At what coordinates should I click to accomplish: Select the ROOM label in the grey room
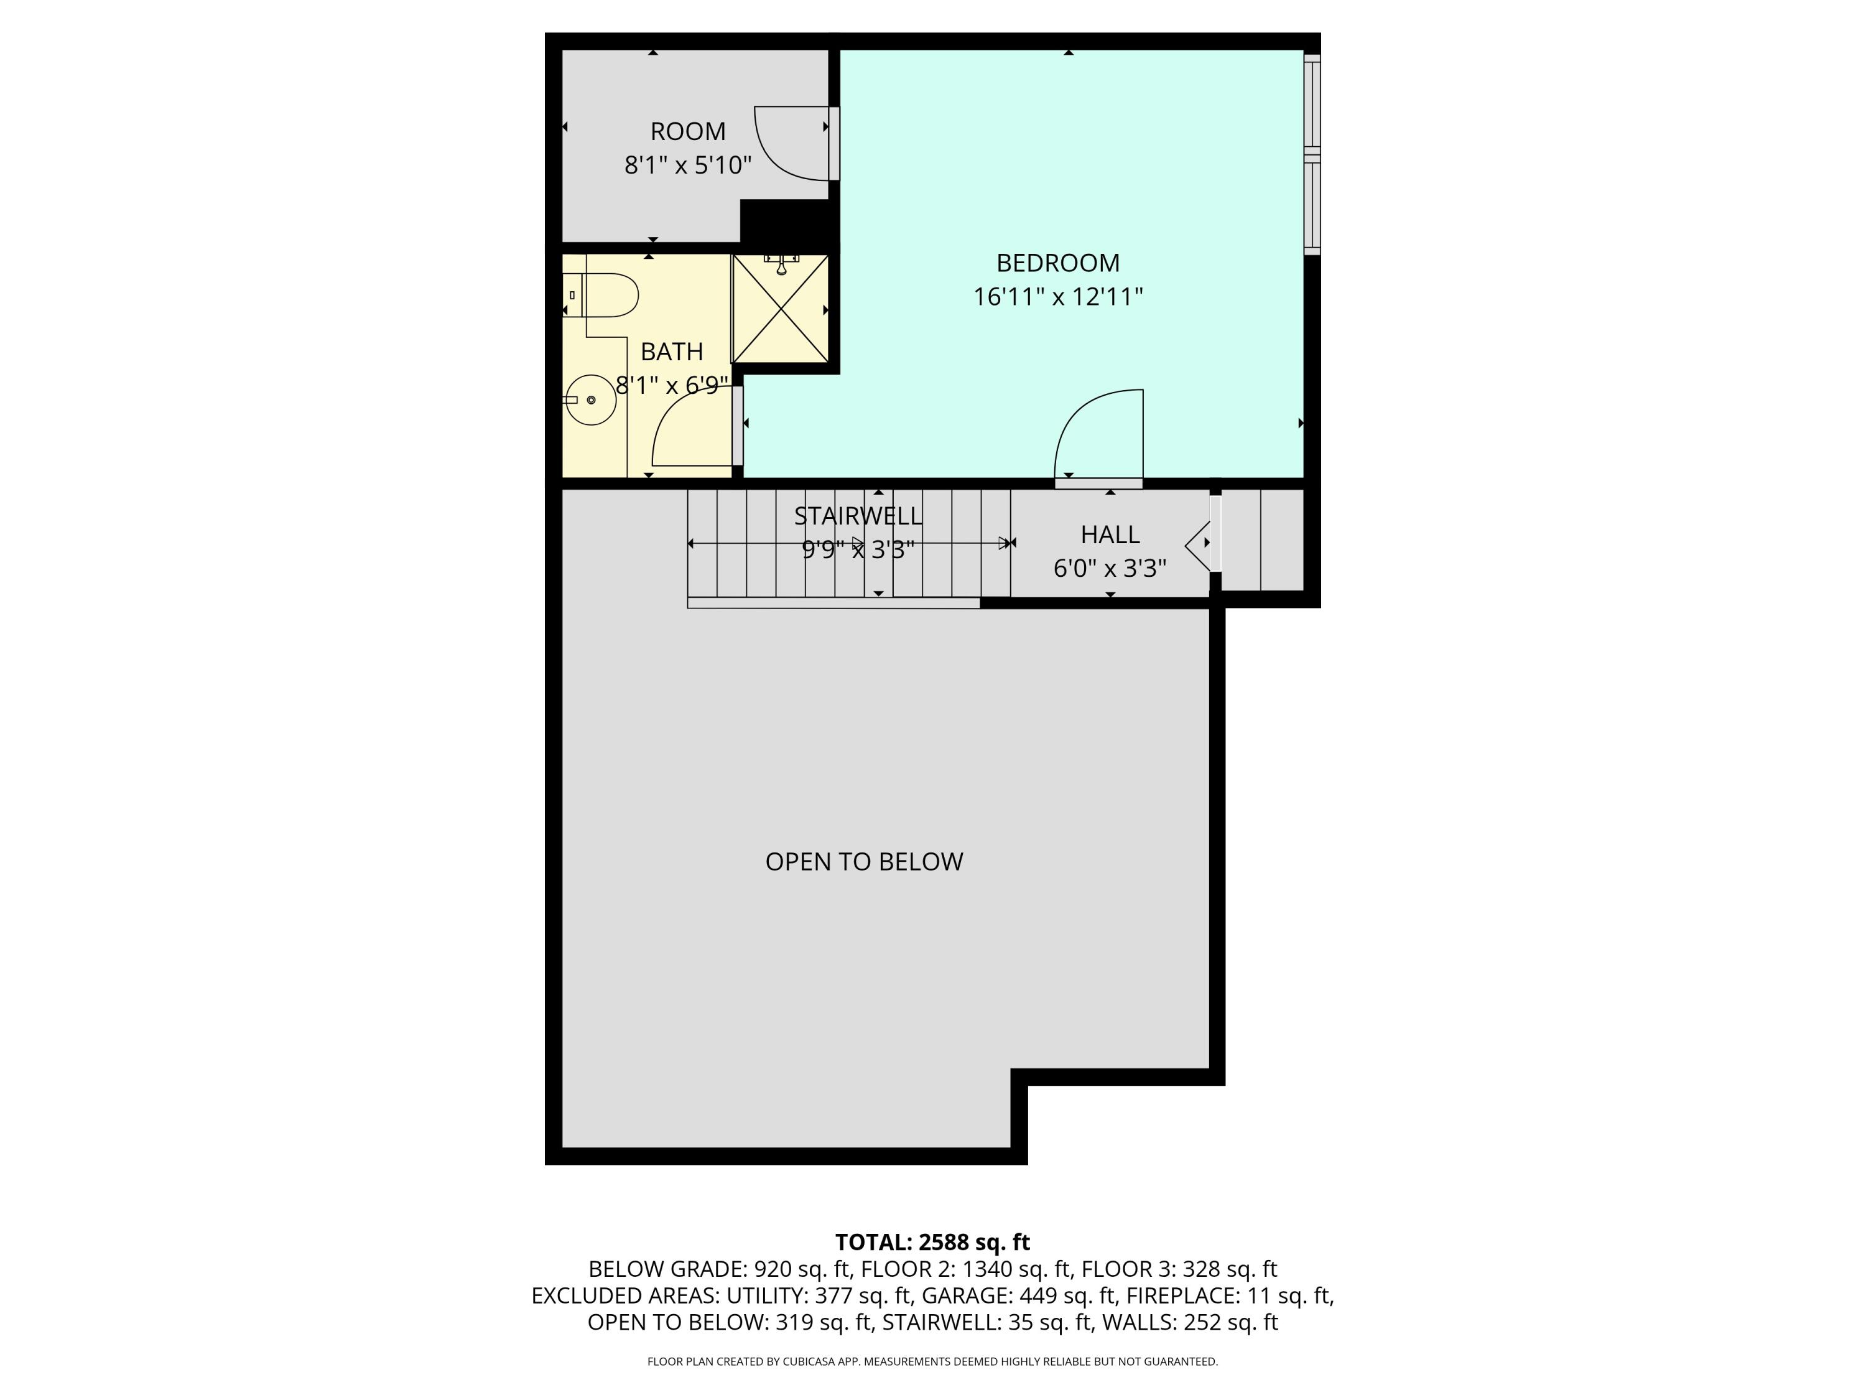(687, 132)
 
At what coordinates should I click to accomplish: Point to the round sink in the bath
(590, 400)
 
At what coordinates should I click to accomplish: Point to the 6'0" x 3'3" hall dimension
(1109, 569)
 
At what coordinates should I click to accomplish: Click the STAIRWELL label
(857, 516)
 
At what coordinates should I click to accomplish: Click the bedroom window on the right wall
(1311, 154)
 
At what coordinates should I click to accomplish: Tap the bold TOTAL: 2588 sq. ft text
(932, 1242)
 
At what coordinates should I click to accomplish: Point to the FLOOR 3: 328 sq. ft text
(1179, 1269)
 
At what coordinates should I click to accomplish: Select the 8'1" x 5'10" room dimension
(687, 166)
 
